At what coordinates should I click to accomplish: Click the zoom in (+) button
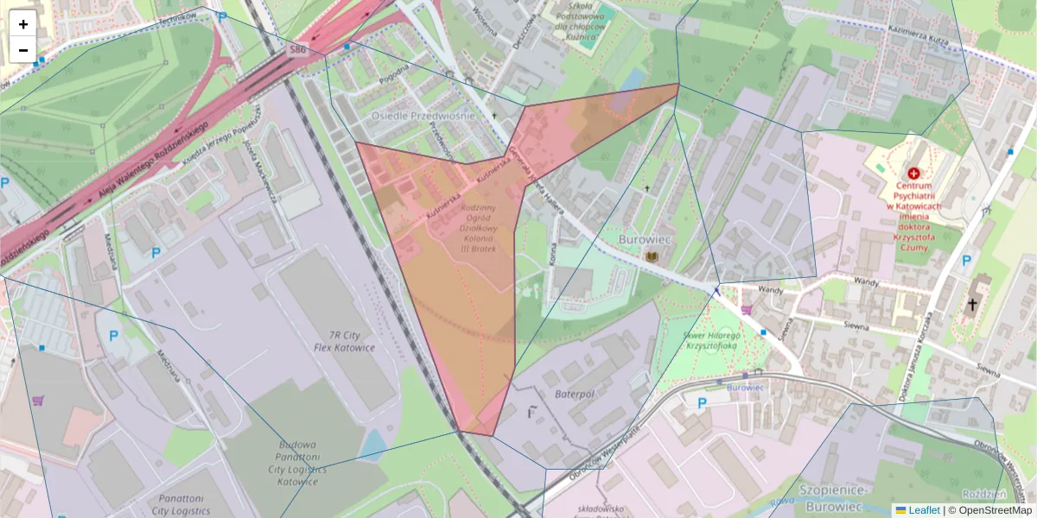click(x=23, y=24)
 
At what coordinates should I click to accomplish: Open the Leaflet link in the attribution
click(x=924, y=510)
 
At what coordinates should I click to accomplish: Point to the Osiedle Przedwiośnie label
click(x=423, y=116)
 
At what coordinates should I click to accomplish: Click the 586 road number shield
click(x=297, y=52)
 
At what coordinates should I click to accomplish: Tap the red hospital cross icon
click(x=913, y=174)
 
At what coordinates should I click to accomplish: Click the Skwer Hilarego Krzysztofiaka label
click(x=711, y=340)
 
